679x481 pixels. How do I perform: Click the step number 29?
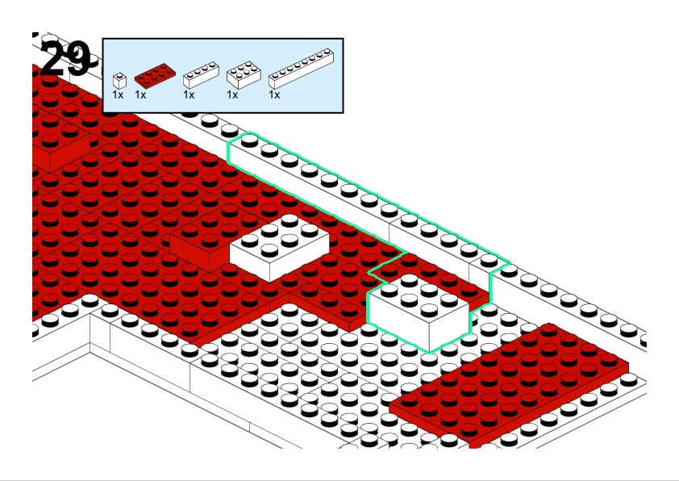[x=65, y=58]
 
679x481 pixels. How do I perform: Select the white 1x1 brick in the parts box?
[x=119, y=81]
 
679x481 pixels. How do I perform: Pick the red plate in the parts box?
[x=155, y=75]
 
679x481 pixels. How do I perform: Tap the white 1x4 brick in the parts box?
[x=201, y=75]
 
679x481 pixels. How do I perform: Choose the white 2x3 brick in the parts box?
[x=244, y=75]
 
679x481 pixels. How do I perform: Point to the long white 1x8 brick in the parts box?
[x=301, y=69]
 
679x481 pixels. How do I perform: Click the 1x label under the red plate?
[x=140, y=94]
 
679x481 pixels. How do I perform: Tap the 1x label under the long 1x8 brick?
[x=274, y=94]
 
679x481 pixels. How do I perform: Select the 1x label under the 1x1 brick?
[x=118, y=94]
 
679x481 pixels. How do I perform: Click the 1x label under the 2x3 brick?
[x=232, y=94]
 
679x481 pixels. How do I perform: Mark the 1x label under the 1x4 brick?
[x=189, y=94]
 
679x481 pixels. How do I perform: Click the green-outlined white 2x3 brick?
[x=418, y=312]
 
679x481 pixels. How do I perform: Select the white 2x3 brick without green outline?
[x=279, y=248]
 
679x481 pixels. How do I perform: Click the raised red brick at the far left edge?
[x=60, y=149]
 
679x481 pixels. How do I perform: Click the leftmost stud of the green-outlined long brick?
[x=249, y=140]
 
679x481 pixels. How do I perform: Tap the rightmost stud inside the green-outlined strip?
[x=489, y=260]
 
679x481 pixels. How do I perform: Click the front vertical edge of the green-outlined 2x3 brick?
[x=429, y=337]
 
